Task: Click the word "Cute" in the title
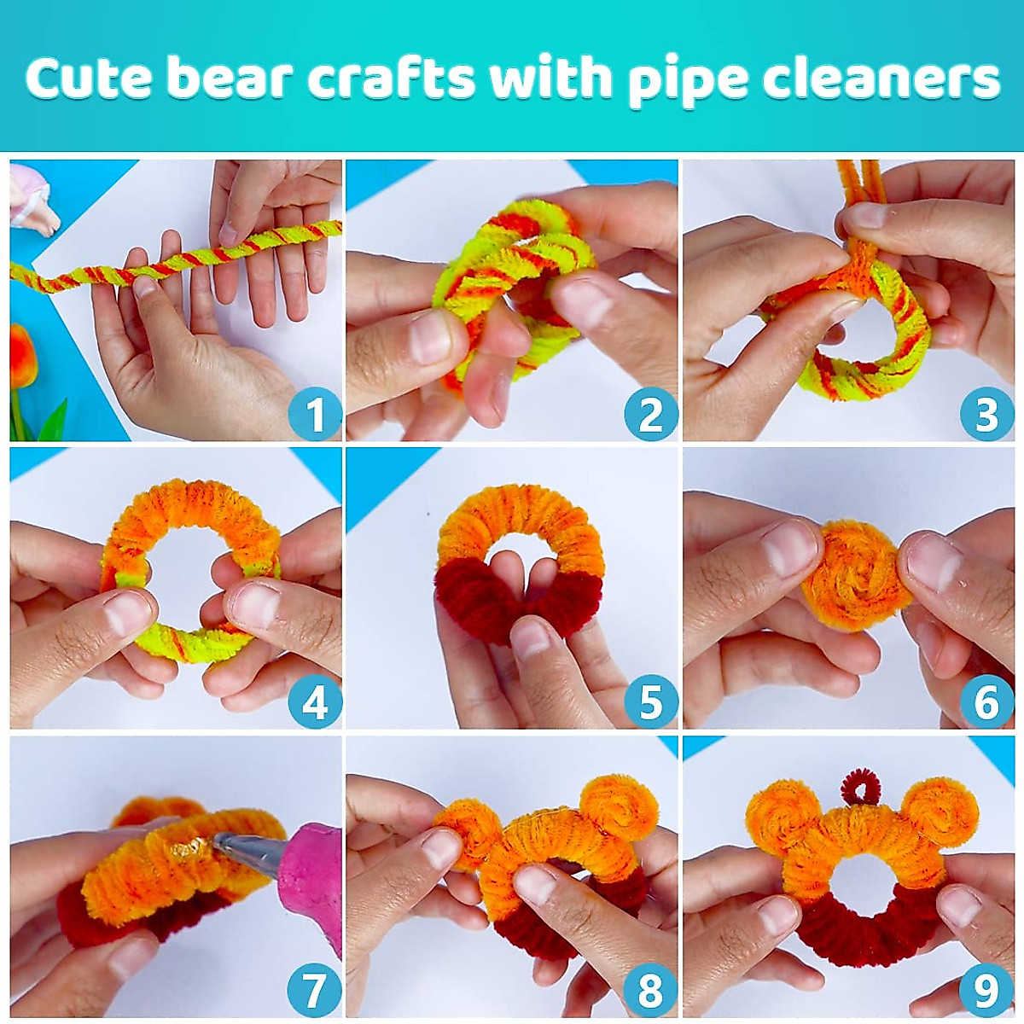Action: (87, 79)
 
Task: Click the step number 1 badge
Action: (315, 416)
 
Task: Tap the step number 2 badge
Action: (650, 416)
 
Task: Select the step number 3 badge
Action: (986, 416)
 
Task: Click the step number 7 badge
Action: (315, 991)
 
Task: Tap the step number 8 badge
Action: (650, 991)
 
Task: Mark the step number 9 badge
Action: (986, 991)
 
